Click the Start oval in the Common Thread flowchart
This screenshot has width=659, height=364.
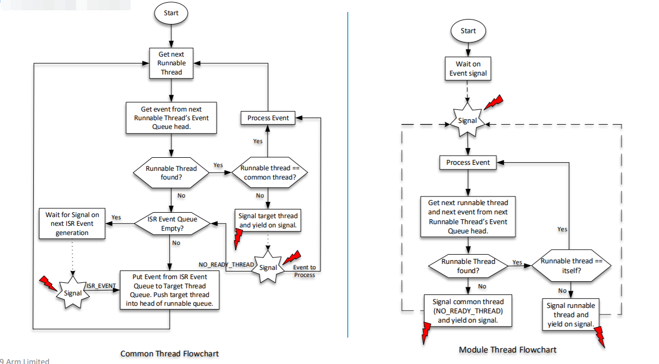171,13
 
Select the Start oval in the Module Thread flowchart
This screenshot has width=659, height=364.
468,30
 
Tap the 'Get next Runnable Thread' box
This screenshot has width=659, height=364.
171,63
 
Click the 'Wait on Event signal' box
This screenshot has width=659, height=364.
468,69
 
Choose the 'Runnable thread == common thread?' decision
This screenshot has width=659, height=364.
270,172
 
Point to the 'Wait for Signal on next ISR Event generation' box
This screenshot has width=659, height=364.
72,224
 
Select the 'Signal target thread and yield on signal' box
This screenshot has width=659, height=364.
268,220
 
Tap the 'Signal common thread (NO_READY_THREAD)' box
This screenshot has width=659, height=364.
468,311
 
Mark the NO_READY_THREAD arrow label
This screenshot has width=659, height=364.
226,264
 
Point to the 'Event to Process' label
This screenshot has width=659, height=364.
305,270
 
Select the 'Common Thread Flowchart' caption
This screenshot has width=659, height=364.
169,354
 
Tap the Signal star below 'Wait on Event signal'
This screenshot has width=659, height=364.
467,121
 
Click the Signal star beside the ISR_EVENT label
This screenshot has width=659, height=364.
72,292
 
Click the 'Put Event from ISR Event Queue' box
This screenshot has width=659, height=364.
170,290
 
